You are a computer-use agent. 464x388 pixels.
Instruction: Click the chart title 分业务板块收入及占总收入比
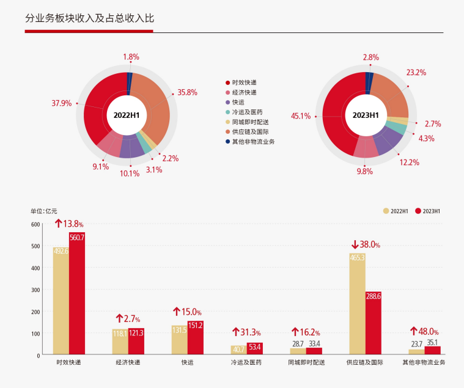coord(89,18)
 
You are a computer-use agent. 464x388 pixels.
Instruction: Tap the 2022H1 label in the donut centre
coord(127,114)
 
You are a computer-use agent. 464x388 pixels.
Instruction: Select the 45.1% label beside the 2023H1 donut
coord(301,115)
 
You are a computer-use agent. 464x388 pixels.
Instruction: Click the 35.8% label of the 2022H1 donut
coord(187,92)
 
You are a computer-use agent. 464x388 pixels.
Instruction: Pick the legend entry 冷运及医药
coord(248,112)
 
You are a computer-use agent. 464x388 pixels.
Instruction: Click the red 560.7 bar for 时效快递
coord(77,293)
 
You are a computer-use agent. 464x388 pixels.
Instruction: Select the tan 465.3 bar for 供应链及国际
coord(357,304)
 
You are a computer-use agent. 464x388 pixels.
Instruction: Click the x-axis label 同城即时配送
coord(306,362)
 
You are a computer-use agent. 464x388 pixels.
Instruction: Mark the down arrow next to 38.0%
coord(355,244)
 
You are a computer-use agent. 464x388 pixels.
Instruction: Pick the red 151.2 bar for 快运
coord(196,338)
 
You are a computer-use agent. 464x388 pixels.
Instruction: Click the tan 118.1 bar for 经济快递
coord(120,342)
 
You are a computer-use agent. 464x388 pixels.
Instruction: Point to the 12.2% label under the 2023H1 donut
coord(410,162)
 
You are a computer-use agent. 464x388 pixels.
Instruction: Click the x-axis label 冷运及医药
coord(247,362)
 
